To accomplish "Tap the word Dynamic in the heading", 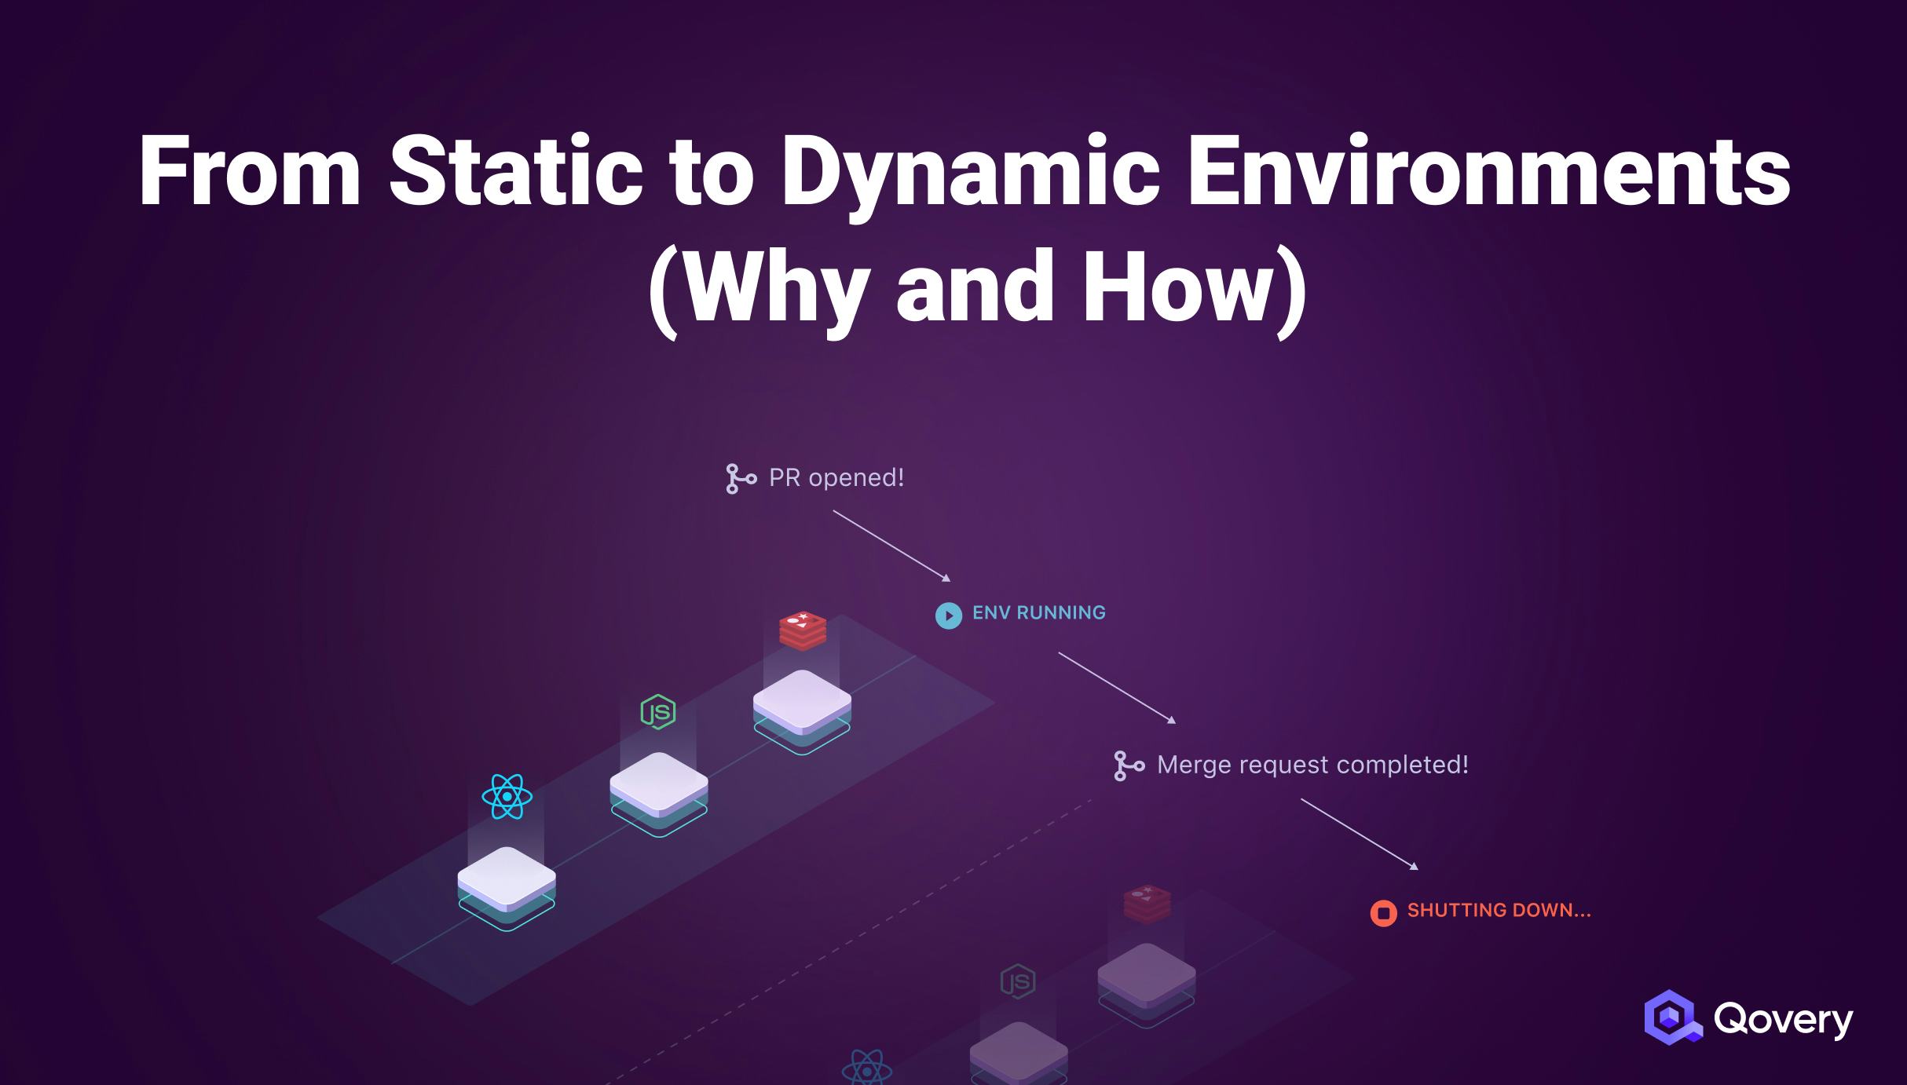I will click(x=970, y=172).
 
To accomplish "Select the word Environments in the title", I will click(x=1488, y=172).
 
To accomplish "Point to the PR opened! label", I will click(x=836, y=478).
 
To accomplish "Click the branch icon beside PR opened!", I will click(x=740, y=479).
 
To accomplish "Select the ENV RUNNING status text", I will click(x=1038, y=613).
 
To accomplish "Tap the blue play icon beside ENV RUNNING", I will click(x=948, y=616).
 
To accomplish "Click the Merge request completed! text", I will click(x=1312, y=765).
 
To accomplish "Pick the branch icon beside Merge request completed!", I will click(x=1129, y=765).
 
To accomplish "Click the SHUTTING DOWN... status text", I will click(x=1499, y=911).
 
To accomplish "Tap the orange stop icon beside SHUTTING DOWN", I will click(x=1383, y=913).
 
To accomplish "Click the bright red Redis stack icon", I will click(x=802, y=630).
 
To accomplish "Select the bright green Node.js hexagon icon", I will click(x=658, y=712).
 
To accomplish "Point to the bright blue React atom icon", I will click(x=507, y=797).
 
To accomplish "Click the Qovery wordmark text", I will click(x=1783, y=1019).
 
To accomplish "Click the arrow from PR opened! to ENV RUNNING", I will click(x=891, y=546).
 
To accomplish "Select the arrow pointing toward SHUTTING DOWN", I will click(x=1359, y=834).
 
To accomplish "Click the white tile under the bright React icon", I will click(x=507, y=878).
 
